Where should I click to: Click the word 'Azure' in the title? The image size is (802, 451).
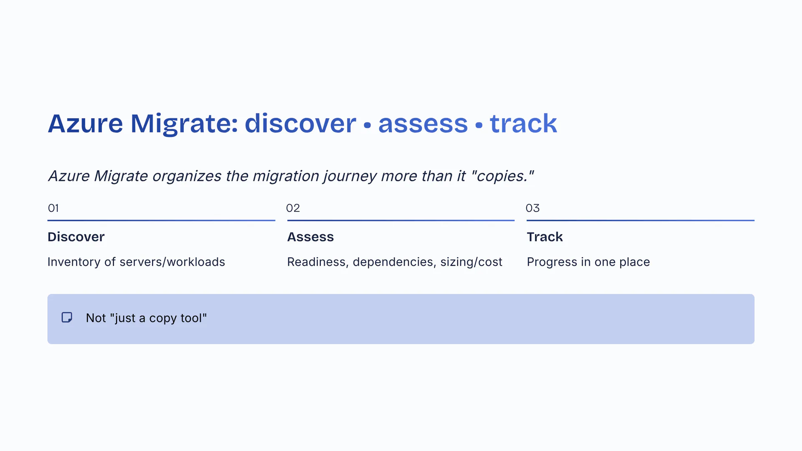click(x=85, y=124)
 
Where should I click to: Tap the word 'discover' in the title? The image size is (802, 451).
click(x=300, y=124)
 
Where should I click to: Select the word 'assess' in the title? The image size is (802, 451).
click(x=423, y=124)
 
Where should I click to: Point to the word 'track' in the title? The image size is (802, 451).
click(x=523, y=124)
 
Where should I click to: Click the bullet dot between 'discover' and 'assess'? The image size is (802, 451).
click(x=367, y=125)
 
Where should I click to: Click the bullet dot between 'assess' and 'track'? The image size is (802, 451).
click(x=479, y=125)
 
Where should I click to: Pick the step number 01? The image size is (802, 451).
click(x=53, y=208)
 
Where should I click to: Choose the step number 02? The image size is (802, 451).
click(x=293, y=208)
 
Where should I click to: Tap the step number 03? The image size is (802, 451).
click(x=533, y=208)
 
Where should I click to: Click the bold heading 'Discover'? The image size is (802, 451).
click(x=76, y=237)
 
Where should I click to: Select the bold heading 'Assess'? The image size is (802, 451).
click(x=310, y=237)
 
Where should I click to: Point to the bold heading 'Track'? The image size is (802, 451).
click(x=545, y=237)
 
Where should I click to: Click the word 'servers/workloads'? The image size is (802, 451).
click(x=172, y=262)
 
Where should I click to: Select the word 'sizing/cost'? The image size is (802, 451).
click(x=471, y=262)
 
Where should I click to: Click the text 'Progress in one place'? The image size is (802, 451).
click(x=588, y=262)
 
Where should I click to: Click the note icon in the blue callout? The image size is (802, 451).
click(x=67, y=318)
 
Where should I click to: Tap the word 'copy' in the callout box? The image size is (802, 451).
click(x=162, y=318)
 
